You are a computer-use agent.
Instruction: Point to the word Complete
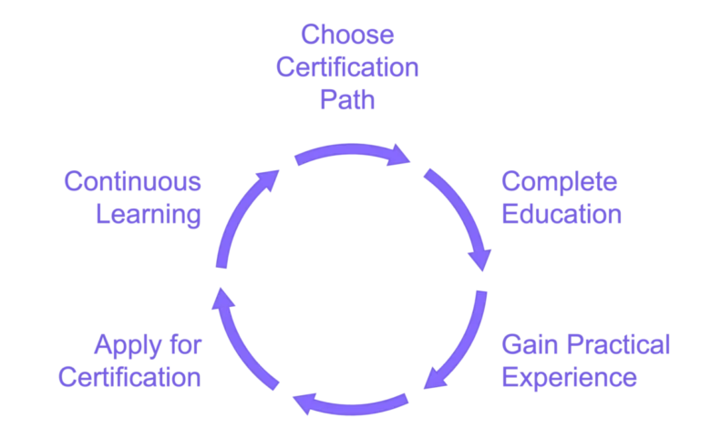(x=560, y=183)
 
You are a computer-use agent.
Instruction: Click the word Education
(x=562, y=215)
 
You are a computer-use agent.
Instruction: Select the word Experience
(x=570, y=377)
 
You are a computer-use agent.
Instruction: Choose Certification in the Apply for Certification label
(x=130, y=377)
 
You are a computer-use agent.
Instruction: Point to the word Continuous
(x=134, y=183)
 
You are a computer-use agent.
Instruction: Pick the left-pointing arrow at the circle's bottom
(x=352, y=402)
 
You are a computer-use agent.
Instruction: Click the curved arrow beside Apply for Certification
(x=241, y=342)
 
